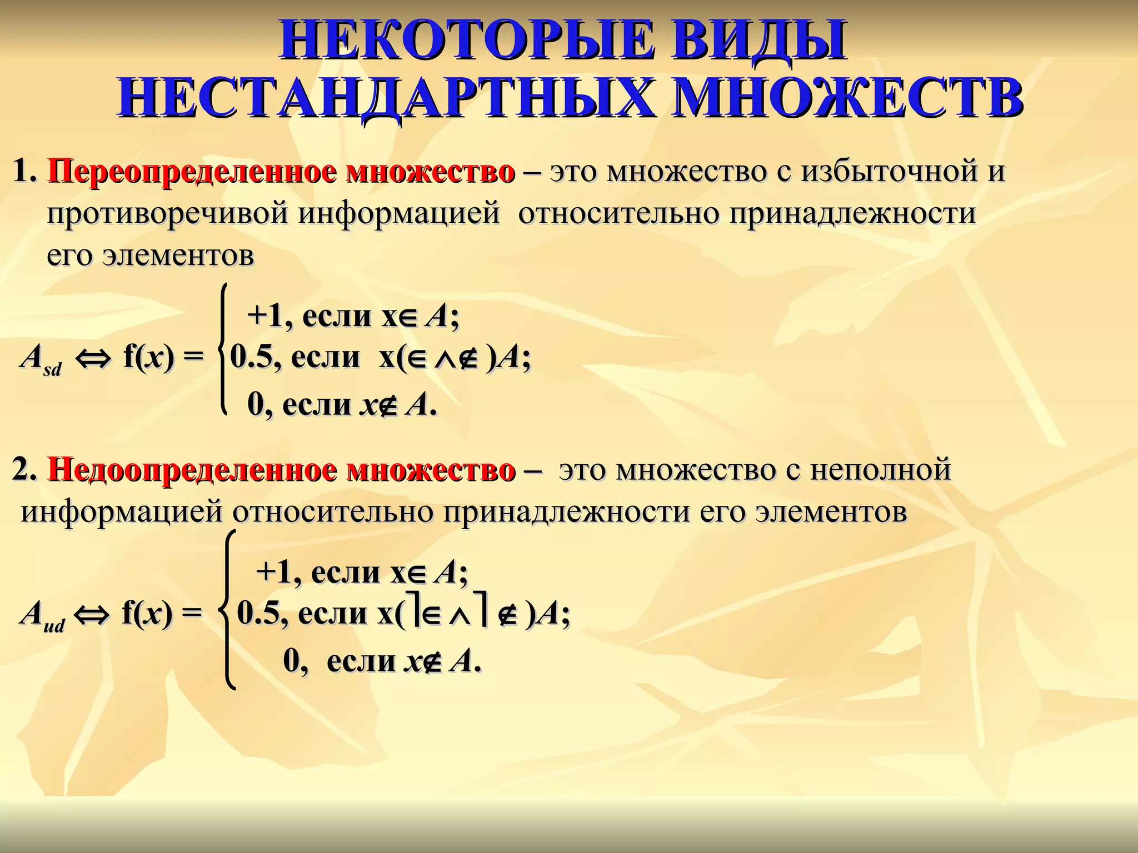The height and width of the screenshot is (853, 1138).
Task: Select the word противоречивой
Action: point(167,214)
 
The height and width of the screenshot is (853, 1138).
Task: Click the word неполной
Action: point(880,470)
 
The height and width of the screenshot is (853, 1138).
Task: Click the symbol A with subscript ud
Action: point(42,616)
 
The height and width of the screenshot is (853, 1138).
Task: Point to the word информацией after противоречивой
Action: point(399,214)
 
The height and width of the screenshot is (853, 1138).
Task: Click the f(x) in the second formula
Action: point(147,614)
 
